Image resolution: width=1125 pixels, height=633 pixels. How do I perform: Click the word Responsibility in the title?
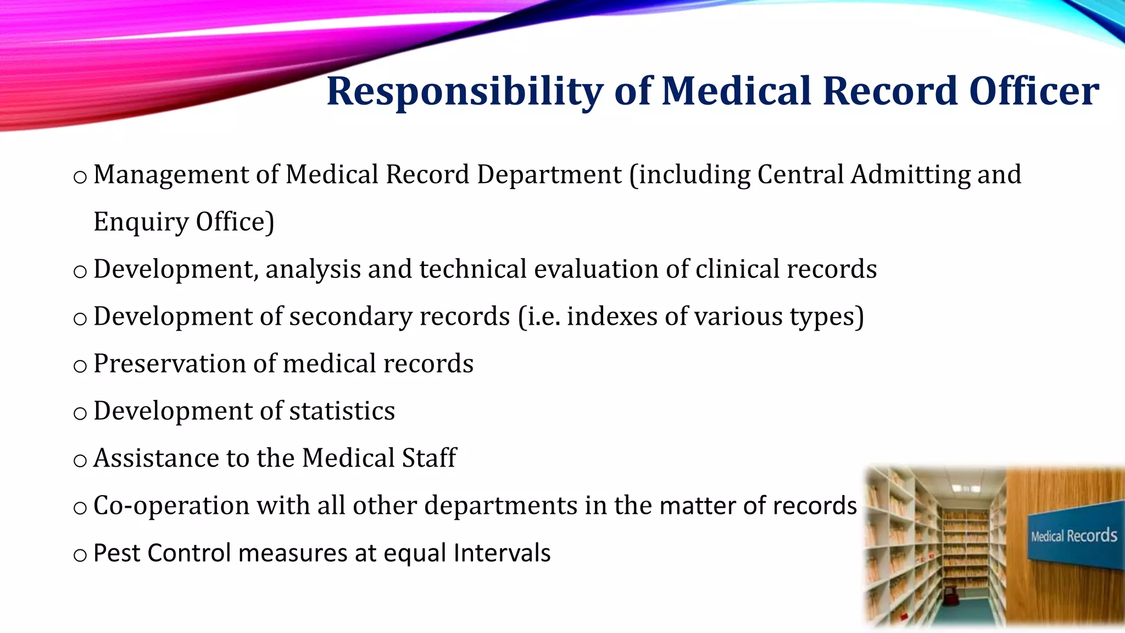coord(465,92)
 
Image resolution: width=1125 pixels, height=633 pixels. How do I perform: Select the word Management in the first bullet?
coord(171,175)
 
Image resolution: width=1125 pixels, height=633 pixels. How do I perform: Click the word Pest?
coord(116,553)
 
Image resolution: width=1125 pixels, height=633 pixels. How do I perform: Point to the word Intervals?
coord(502,553)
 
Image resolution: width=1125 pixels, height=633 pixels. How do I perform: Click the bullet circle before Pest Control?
coord(80,556)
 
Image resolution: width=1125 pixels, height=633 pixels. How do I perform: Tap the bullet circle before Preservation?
coord(80,367)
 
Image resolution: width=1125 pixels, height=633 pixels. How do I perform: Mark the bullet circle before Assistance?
coord(80,461)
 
